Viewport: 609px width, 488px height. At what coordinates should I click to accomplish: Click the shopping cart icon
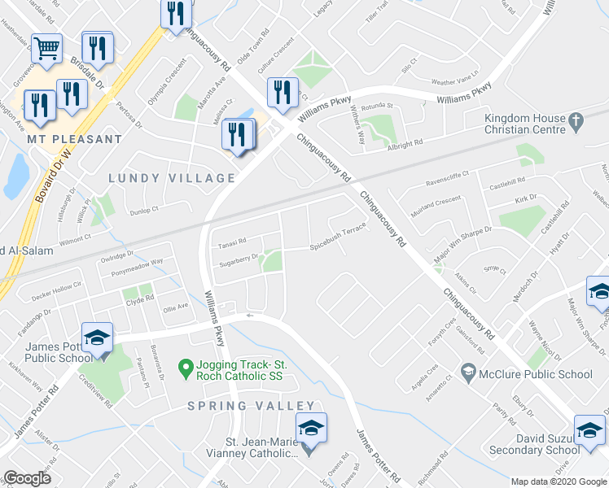point(46,49)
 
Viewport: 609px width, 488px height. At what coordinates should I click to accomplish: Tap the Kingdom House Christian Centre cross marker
point(576,123)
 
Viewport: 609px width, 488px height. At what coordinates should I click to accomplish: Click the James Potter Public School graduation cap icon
point(97,337)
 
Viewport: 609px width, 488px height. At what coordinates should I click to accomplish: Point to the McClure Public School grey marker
point(468,374)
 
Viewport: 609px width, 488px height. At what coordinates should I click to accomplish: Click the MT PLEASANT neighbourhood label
point(74,139)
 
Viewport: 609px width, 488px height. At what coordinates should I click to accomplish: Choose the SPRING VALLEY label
point(251,406)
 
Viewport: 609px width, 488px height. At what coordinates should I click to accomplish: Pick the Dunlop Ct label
point(142,211)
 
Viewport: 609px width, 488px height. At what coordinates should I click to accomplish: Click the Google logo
point(27,478)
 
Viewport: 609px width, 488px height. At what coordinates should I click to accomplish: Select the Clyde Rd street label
point(139,299)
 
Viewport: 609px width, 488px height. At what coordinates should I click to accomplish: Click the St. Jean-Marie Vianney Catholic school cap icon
point(310,427)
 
